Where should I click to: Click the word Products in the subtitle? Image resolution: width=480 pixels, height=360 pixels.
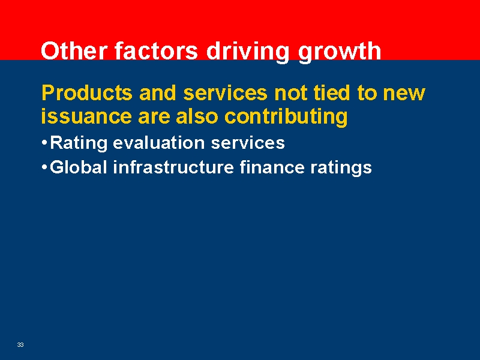(86, 93)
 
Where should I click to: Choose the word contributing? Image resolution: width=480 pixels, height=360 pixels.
(286, 116)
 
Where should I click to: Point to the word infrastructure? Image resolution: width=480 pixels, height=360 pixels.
(174, 167)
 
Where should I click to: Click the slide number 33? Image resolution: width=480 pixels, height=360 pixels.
(20, 344)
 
